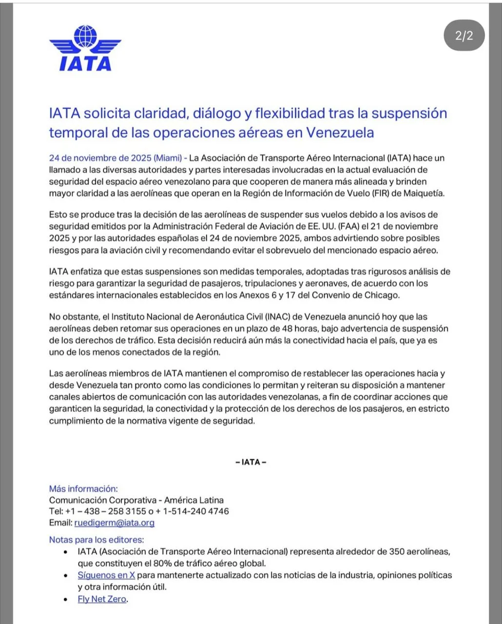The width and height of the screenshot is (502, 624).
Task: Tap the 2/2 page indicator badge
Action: pos(464,36)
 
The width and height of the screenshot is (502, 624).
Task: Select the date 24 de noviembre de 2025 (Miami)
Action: pos(115,158)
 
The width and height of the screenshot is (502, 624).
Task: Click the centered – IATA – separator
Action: pos(251,462)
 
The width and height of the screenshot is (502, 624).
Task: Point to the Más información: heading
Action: pos(83,488)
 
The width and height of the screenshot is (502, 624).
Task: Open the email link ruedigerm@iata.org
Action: pos(115,523)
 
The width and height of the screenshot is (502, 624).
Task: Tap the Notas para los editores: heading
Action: pos(97,540)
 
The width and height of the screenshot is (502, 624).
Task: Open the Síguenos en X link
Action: pos(106,575)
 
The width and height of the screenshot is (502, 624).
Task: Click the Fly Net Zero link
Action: pos(102,599)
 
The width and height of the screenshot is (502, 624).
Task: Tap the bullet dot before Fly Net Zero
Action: pos(66,600)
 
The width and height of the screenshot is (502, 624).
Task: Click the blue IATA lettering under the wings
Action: pos(85,64)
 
